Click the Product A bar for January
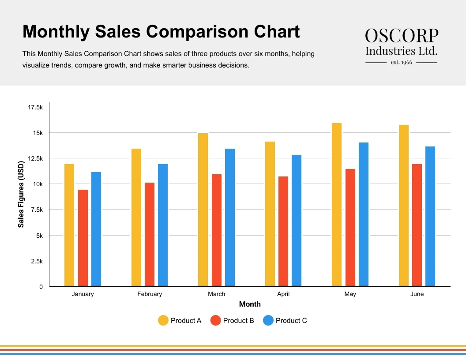[69, 225]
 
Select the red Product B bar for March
[217, 230]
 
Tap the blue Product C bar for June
[430, 216]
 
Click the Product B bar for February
[150, 234]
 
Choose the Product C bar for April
[297, 220]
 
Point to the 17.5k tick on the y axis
[35, 107]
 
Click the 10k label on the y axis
[38, 184]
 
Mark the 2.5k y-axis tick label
[37, 261]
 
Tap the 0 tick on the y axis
[41, 287]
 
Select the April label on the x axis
[283, 294]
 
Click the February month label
[150, 294]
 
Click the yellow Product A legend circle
[163, 321]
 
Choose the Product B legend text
[238, 321]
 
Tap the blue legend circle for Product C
[268, 321]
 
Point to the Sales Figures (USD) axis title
[21, 194]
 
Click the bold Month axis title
[250, 304]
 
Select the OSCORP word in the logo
[402, 35]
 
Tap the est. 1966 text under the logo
[402, 62]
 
